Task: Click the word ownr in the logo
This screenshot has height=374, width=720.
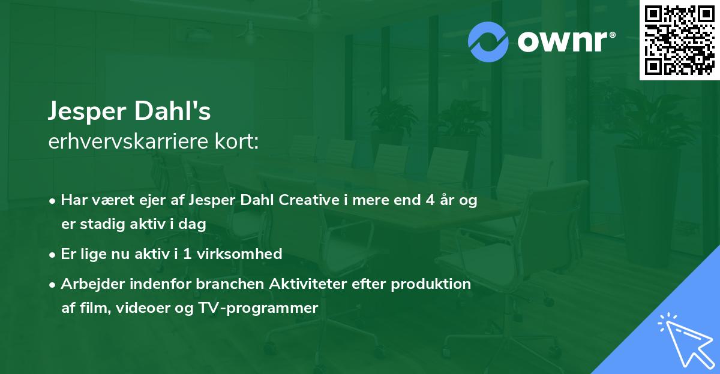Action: coord(563,41)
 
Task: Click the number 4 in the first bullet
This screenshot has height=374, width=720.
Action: coord(430,201)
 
